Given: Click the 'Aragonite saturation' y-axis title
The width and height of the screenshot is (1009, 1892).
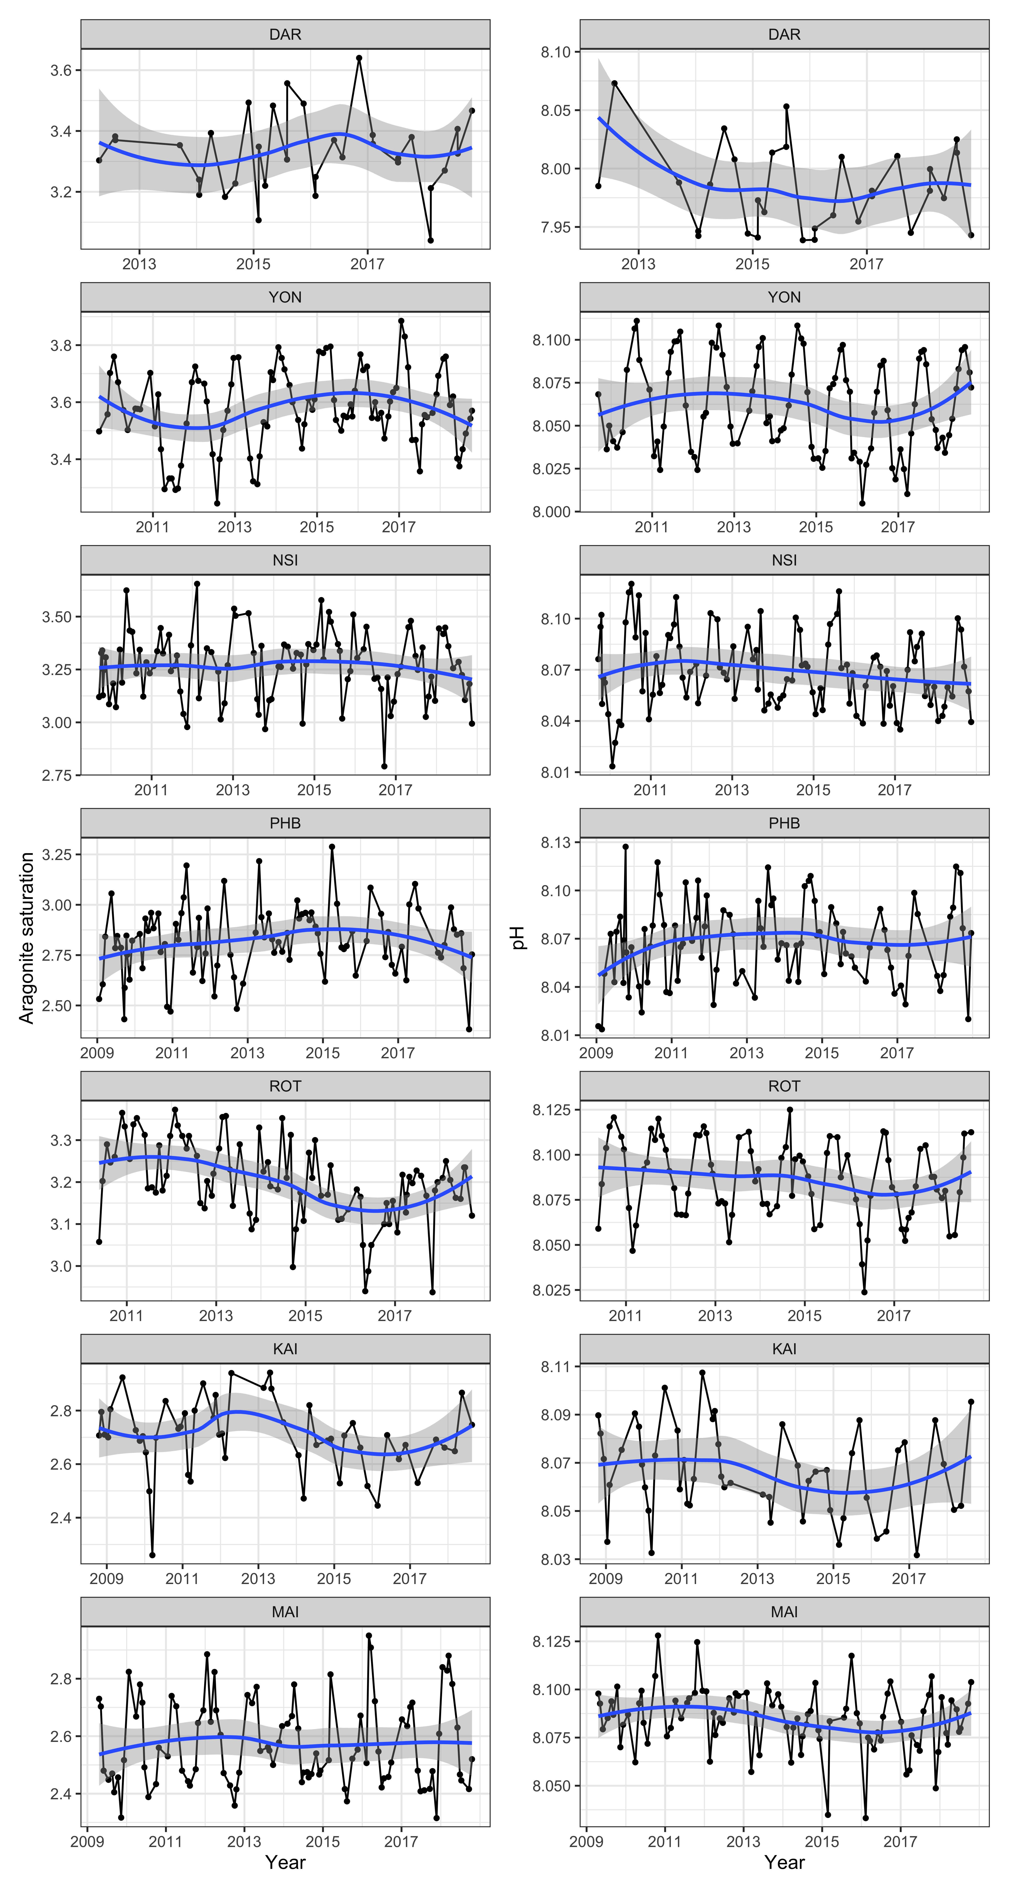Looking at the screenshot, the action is [x=26, y=938].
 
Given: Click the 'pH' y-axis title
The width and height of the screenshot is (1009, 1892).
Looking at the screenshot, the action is [x=519, y=938].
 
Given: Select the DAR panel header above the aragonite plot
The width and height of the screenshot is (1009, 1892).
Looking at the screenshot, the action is [x=285, y=34].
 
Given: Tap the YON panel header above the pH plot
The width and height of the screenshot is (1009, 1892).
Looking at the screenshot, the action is [x=784, y=297].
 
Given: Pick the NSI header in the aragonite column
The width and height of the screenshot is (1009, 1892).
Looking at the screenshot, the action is [x=285, y=560].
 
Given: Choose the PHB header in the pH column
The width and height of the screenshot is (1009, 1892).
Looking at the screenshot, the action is [x=784, y=823].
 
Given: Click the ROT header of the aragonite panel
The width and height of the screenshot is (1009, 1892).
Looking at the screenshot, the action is [x=285, y=1086].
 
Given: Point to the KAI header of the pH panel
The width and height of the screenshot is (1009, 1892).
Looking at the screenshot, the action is [x=784, y=1349].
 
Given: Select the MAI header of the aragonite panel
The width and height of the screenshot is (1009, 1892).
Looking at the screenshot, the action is [x=285, y=1612].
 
